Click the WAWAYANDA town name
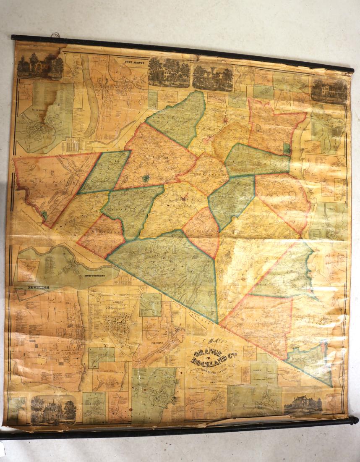pos(131,210)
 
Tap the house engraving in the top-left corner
pos(40,65)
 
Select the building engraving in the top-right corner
pos(329,90)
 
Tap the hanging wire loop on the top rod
pos(54,35)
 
